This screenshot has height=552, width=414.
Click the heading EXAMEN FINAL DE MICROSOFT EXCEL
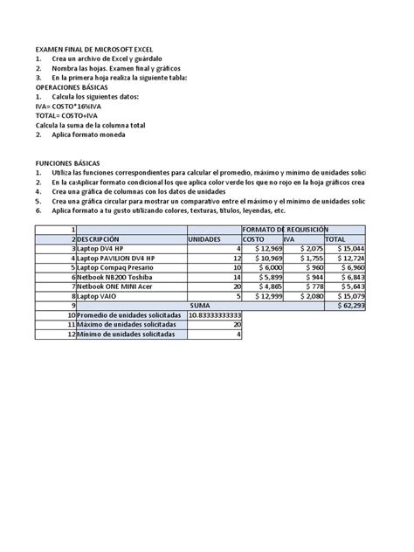coord(90,52)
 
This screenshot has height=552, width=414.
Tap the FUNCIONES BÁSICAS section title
coord(67,162)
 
